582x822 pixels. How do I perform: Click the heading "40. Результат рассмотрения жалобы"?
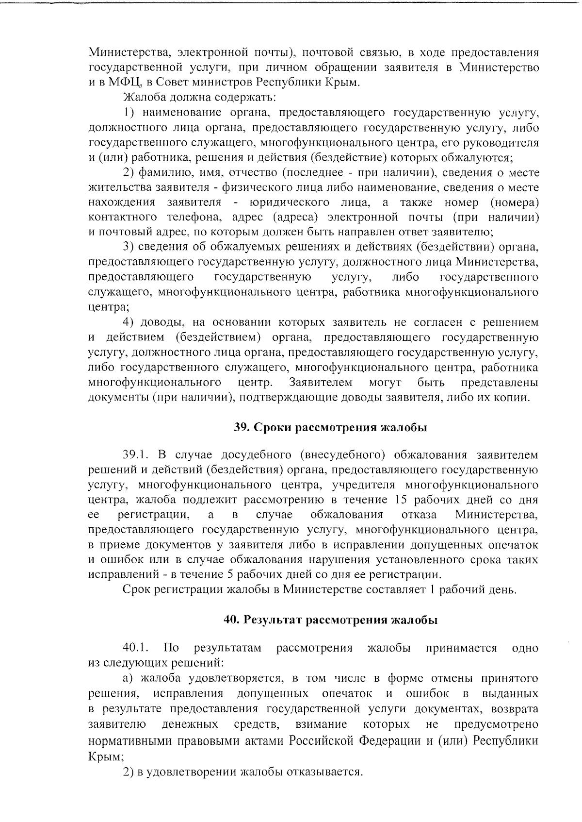click(331, 620)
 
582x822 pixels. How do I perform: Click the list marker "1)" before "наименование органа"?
click(128, 113)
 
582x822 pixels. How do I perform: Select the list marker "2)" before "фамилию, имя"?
click(128, 172)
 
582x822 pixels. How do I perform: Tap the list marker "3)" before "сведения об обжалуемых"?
click(128, 247)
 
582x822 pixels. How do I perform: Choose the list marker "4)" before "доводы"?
click(128, 322)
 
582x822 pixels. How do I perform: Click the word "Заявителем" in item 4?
click(321, 382)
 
